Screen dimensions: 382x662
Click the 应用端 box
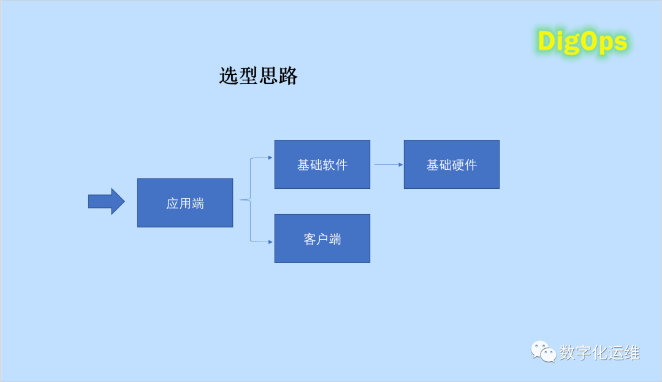pyautogui.click(x=185, y=203)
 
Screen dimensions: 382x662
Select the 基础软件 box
pyautogui.click(x=322, y=164)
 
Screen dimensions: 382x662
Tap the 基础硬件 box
pyautogui.click(x=451, y=164)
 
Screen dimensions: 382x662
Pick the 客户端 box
pyautogui.click(x=322, y=239)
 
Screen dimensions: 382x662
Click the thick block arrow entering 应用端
pyautogui.click(x=106, y=201)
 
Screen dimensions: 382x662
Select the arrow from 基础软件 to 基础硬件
pyautogui.click(x=388, y=164)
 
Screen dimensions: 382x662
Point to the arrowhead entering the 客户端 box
pyautogui.click(x=270, y=242)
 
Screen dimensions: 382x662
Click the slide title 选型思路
pyautogui.click(x=258, y=76)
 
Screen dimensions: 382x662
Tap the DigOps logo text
pyautogui.click(x=582, y=42)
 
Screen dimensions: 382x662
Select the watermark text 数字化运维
pyautogui.click(x=599, y=353)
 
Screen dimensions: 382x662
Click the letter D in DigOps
pyautogui.click(x=546, y=42)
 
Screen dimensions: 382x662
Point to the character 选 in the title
pyautogui.click(x=229, y=76)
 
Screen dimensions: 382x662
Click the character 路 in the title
pyautogui.click(x=287, y=76)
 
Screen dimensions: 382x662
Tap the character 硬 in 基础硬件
pyautogui.click(x=458, y=165)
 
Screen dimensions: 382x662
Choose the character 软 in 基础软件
pyautogui.click(x=329, y=165)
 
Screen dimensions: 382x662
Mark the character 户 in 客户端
pyautogui.click(x=322, y=239)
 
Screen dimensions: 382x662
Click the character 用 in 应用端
pyautogui.click(x=185, y=204)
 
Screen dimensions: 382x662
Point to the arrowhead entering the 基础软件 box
pyautogui.click(x=270, y=158)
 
